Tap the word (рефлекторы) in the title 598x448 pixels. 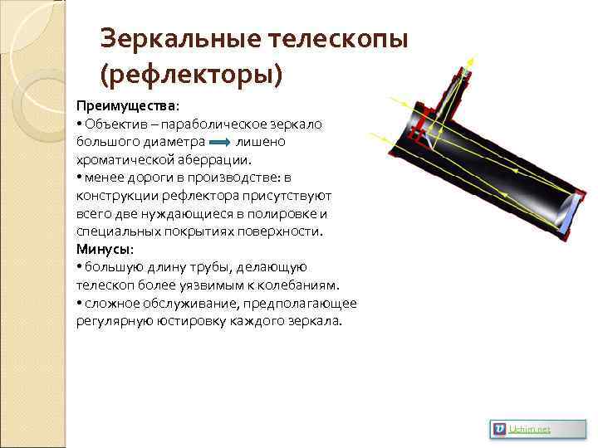(x=191, y=75)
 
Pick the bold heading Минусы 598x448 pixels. (x=104, y=249)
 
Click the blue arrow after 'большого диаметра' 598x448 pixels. (x=220, y=142)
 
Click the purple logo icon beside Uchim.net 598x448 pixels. (x=499, y=428)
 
